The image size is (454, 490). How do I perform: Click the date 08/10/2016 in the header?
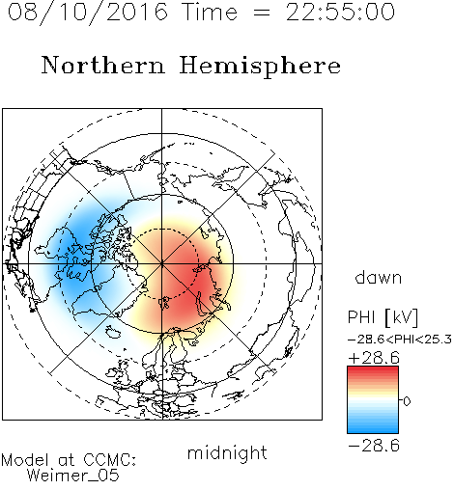[88, 12]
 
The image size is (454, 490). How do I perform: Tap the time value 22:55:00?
[340, 12]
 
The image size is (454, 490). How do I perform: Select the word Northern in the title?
[103, 65]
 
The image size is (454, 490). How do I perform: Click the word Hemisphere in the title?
[260, 66]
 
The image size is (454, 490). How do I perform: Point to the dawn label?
[379, 277]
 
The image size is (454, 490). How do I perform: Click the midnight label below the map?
[227, 452]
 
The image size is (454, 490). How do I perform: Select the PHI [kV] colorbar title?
[383, 317]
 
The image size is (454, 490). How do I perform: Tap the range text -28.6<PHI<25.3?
[400, 339]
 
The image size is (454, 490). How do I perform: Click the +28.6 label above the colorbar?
[374, 358]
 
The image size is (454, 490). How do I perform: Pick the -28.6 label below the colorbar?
[374, 446]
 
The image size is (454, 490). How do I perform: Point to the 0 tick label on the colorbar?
[407, 401]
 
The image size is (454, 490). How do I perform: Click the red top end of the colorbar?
[373, 368]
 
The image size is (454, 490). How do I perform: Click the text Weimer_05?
[73, 475]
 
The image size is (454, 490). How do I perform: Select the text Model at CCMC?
[69, 460]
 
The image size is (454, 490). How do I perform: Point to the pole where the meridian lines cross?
[161, 263]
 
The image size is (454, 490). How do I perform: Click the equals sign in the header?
[262, 13]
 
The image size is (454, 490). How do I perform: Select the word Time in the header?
[210, 12]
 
